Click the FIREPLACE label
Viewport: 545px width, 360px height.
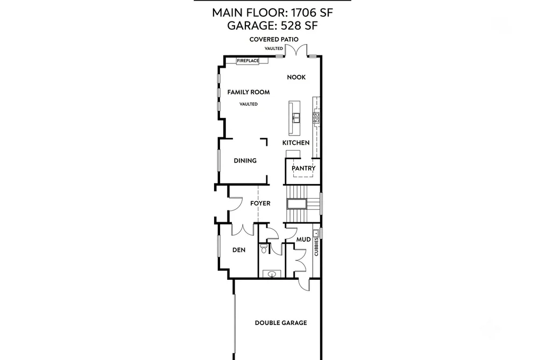click(x=248, y=61)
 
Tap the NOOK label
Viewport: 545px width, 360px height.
click(x=296, y=77)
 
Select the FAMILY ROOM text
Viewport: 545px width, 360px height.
click(x=249, y=92)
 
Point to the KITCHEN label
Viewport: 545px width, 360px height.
click(x=296, y=143)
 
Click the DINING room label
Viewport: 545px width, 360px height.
click(x=245, y=160)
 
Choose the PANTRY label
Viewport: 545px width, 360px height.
click(x=303, y=168)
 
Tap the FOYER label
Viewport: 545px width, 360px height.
click(x=260, y=203)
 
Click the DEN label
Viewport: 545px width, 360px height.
click(x=239, y=250)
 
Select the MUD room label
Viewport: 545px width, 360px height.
click(x=303, y=239)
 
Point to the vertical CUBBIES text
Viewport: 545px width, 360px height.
click(x=316, y=246)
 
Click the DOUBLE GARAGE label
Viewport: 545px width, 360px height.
click(x=281, y=323)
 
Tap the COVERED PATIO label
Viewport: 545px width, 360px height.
click(x=274, y=39)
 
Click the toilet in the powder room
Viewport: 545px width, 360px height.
click(x=264, y=248)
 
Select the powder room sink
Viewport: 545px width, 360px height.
click(x=272, y=274)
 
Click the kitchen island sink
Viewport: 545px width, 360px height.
click(x=296, y=118)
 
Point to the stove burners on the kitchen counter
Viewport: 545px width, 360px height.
click(x=316, y=118)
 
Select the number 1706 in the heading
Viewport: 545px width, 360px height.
click(x=303, y=13)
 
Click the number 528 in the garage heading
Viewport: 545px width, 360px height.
click(x=291, y=26)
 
